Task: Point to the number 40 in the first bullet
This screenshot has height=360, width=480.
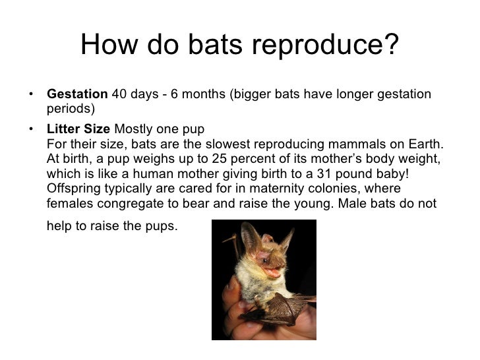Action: click(119, 94)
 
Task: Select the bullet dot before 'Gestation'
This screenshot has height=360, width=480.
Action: click(31, 94)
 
